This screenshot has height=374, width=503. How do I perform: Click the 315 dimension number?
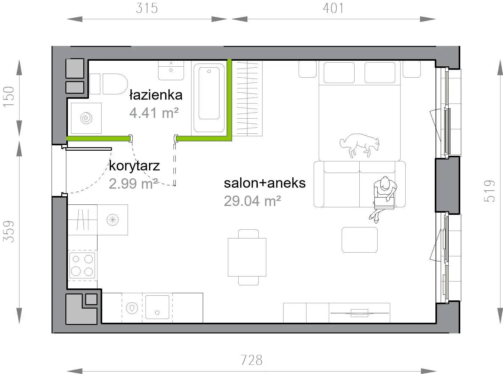[147, 8]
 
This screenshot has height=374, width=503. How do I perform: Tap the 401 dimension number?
[333, 8]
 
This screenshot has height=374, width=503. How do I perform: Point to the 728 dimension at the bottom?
[251, 360]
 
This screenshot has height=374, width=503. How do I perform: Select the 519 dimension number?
[489, 191]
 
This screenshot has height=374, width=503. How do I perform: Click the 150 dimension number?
[8, 97]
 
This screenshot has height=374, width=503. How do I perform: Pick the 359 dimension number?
[8, 232]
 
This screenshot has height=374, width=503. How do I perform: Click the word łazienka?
[156, 95]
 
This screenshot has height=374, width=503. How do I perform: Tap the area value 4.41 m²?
[154, 113]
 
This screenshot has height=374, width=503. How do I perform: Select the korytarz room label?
[134, 166]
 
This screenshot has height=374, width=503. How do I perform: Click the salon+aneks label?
[265, 183]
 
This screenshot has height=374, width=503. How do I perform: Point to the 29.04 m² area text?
[252, 201]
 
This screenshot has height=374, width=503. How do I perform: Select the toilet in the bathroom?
[109, 84]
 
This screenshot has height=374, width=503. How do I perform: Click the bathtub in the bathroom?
[209, 98]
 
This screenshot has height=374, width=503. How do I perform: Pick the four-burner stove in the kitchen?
[82, 265]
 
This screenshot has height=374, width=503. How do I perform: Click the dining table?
[247, 257]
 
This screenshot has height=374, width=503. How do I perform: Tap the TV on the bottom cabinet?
[359, 313]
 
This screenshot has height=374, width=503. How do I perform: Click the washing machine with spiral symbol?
[86, 118]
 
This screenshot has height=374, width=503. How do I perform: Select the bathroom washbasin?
[171, 70]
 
